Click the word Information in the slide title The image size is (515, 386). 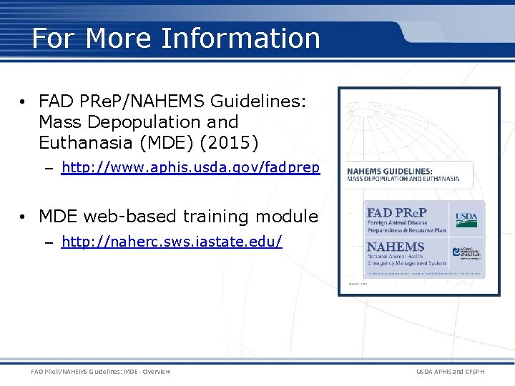click(241, 38)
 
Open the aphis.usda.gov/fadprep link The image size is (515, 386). click(190, 168)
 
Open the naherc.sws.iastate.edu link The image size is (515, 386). click(172, 242)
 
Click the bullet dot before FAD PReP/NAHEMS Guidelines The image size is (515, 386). click(24, 103)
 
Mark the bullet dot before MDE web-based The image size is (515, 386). click(24, 216)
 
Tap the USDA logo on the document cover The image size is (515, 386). click(467, 218)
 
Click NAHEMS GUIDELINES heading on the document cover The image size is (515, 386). click(390, 171)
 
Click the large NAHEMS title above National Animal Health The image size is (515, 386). click(396, 247)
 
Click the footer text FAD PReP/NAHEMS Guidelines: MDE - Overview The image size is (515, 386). click(101, 371)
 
